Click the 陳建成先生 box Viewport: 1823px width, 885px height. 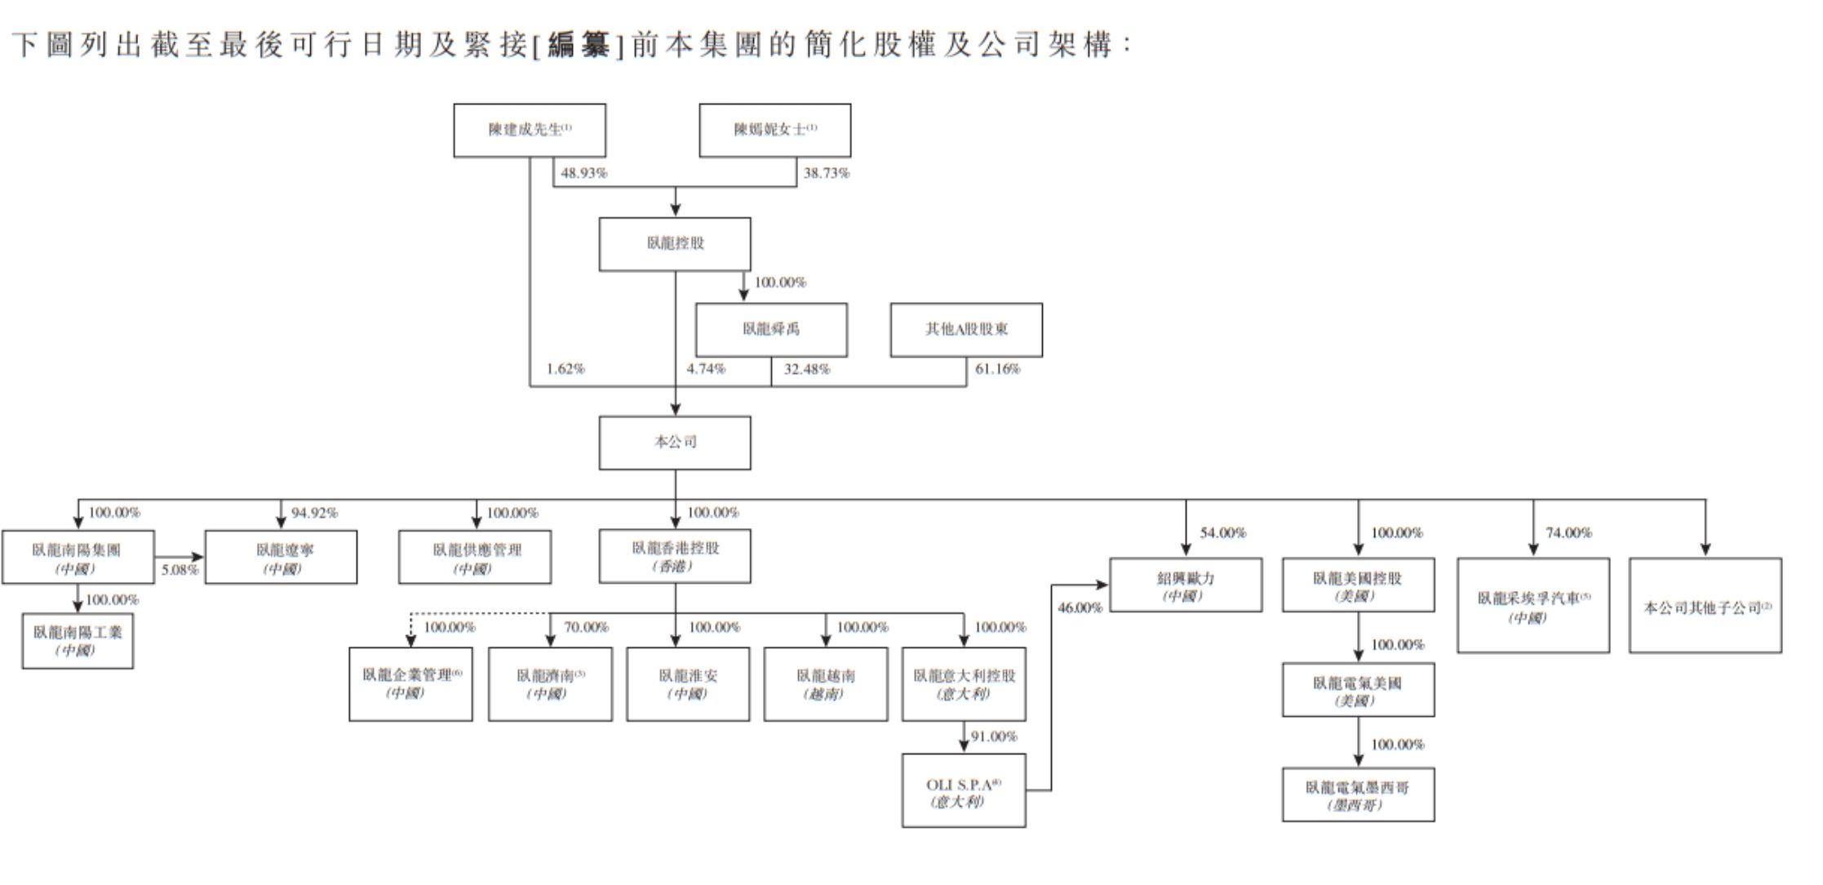click(529, 131)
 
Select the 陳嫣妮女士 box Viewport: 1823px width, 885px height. click(774, 131)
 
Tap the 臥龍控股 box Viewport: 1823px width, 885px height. click(675, 244)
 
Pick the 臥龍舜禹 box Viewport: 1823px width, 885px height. click(771, 330)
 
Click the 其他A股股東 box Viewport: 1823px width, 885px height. click(966, 330)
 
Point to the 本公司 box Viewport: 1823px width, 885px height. click(675, 442)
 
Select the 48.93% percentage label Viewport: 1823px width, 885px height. click(584, 173)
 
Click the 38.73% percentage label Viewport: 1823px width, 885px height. click(826, 173)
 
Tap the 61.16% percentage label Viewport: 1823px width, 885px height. click(997, 369)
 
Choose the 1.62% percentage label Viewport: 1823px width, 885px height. click(566, 369)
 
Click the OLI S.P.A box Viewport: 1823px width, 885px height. click(964, 791)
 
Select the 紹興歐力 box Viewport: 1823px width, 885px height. click(1186, 585)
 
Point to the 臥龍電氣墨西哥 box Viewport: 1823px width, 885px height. click(1358, 794)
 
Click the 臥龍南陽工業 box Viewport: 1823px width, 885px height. click(78, 641)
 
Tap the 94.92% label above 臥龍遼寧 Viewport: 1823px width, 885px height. click(314, 513)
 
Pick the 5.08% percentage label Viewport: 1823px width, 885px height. click(180, 570)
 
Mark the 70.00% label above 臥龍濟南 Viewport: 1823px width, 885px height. click(586, 627)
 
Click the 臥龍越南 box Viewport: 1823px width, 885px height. click(825, 684)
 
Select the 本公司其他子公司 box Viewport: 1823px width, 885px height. click(1705, 606)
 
